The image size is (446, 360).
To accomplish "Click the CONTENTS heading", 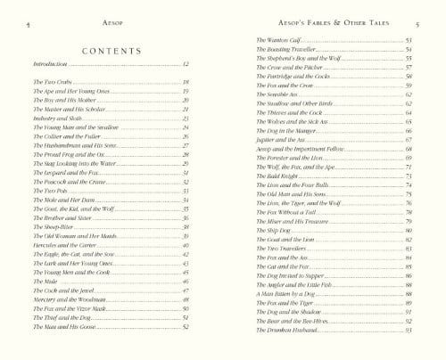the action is [x=109, y=53].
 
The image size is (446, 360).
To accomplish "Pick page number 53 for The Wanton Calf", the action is [x=408, y=41].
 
